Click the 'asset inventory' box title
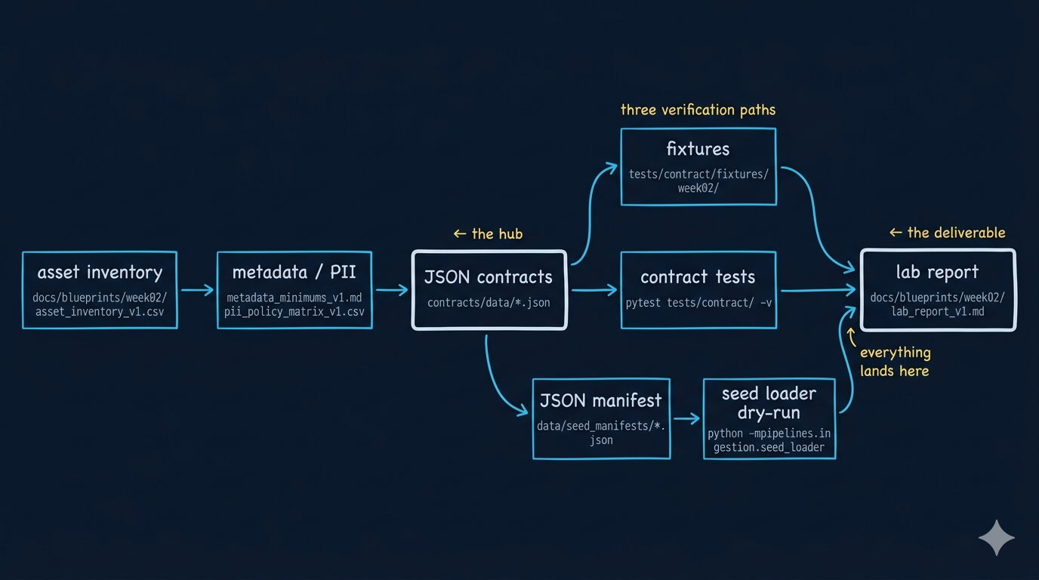[x=100, y=272]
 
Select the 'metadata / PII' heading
[x=294, y=272]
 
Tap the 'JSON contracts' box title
[x=489, y=277]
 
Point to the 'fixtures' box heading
[x=698, y=149]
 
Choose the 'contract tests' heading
[x=698, y=277]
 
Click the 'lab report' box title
[x=937, y=272]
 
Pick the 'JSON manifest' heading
[x=600, y=400]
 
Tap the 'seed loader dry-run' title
[x=769, y=403]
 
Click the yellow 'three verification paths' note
[x=698, y=110]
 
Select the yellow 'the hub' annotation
[x=488, y=233]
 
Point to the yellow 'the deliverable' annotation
[x=948, y=233]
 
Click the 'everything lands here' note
[x=895, y=362]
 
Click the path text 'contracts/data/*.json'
[x=489, y=303]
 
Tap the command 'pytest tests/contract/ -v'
[x=698, y=303]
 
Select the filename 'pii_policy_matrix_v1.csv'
[x=294, y=311]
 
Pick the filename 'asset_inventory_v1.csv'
[x=100, y=311]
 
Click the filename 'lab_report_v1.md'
[x=937, y=311]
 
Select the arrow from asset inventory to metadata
[x=197, y=289]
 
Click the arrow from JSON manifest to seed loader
[x=686, y=418]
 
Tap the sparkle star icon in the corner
[x=997, y=538]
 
